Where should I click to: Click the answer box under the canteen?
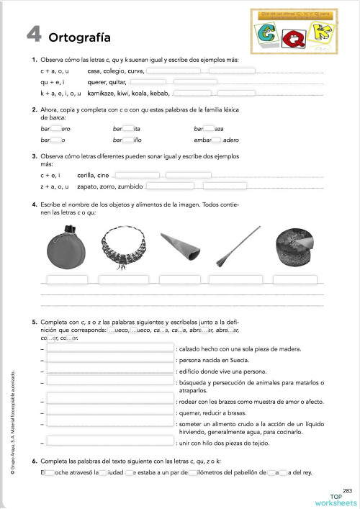(x=67, y=279)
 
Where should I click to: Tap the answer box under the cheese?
(x=295, y=279)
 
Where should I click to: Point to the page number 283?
(x=347, y=490)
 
